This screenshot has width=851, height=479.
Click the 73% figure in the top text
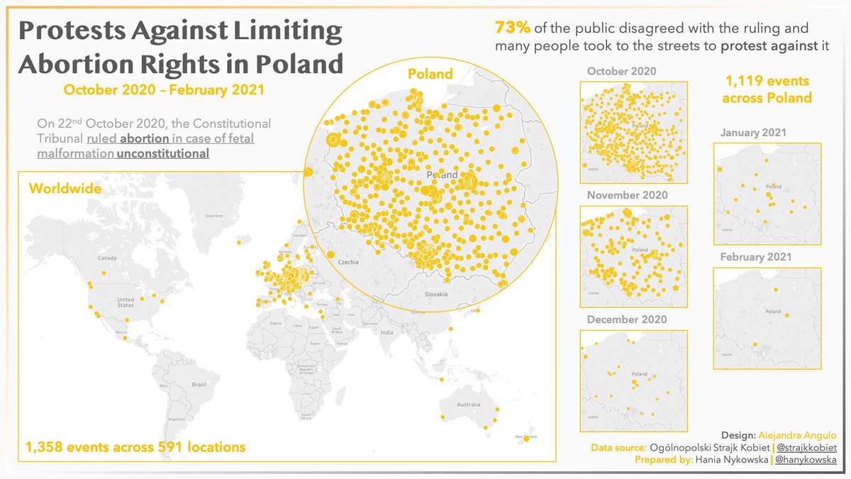511,29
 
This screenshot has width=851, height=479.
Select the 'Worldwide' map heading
65,189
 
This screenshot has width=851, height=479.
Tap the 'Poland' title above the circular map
430,74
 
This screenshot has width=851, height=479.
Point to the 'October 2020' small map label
622,71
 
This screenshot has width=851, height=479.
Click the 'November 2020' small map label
627,195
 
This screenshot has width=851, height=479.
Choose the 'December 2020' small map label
627,319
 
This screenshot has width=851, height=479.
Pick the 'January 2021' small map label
753,133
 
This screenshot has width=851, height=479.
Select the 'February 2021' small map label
755,257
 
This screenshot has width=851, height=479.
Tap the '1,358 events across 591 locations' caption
135,447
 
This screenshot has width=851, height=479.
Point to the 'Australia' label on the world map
468,404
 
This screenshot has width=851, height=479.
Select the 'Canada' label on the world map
106,258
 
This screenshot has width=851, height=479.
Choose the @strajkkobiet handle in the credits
808,448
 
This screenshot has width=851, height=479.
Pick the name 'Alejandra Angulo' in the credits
798,435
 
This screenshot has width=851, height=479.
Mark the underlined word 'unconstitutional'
163,153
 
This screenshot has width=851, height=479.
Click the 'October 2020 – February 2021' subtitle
164,90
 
